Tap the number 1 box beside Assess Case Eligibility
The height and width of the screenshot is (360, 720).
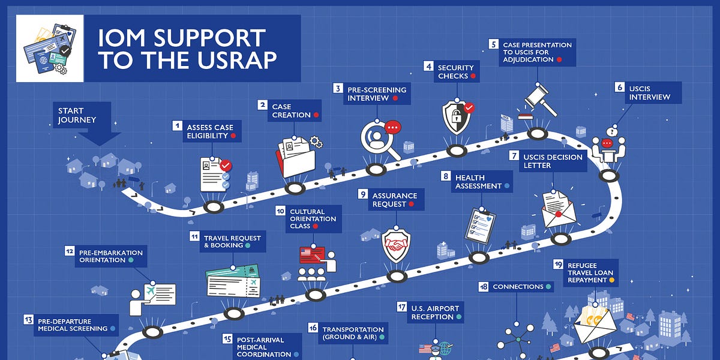(x=177, y=126)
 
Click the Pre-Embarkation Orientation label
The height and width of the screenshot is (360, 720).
(x=111, y=256)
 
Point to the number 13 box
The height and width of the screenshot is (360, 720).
(x=28, y=320)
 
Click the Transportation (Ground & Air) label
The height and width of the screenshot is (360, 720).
(x=353, y=333)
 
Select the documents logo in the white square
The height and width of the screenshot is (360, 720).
(x=49, y=48)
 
